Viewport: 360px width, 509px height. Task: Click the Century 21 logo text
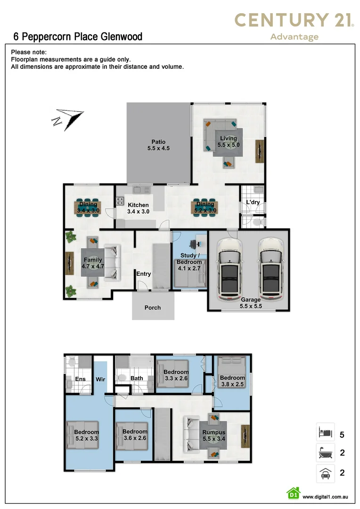(294, 20)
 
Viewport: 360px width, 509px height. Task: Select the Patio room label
(158, 145)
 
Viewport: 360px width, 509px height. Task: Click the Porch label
(153, 308)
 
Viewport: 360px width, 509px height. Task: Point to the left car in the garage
(230, 270)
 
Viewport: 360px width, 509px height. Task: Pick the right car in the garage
(271, 270)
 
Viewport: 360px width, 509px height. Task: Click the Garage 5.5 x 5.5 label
(251, 303)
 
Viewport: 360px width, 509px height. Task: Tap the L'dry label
(253, 202)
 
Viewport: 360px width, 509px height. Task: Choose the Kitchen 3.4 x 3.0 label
(138, 208)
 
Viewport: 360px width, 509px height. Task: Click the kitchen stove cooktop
(120, 201)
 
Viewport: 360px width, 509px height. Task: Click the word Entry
(143, 274)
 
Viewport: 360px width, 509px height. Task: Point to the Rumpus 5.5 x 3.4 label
(213, 435)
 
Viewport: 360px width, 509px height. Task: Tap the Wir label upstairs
(100, 379)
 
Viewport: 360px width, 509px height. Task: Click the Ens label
(80, 379)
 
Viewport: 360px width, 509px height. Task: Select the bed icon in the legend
(325, 432)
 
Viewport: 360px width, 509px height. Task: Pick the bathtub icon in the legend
(325, 452)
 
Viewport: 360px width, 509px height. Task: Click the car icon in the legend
(325, 473)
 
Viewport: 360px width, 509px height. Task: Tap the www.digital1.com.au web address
(325, 497)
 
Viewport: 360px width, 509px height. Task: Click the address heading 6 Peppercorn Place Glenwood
(78, 37)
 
